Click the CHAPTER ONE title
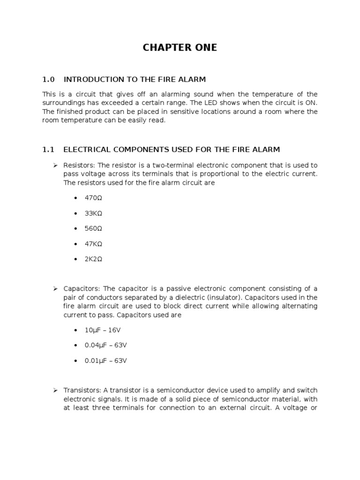(x=180, y=48)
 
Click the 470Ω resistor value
(x=93, y=198)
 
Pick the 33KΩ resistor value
(x=93, y=213)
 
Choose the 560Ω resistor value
(x=93, y=229)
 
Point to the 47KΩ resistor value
(x=93, y=244)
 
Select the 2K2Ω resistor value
(x=93, y=259)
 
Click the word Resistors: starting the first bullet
(x=80, y=165)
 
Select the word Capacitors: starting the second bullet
(x=82, y=289)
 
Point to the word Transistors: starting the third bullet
(x=82, y=390)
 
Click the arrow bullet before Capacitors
(x=54, y=289)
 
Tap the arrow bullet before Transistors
(x=54, y=390)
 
